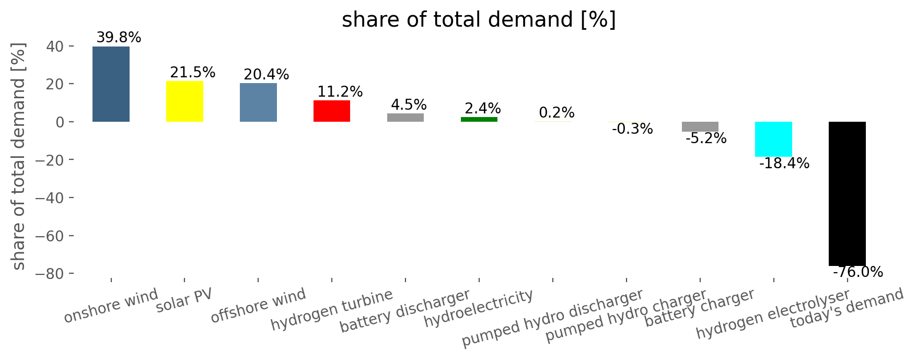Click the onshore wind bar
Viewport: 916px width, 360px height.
tap(111, 84)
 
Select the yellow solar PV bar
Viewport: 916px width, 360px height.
tap(184, 101)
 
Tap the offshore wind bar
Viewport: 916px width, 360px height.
tap(258, 102)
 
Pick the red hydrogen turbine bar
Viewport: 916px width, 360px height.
tap(332, 111)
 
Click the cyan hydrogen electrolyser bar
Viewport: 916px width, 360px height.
tap(773, 139)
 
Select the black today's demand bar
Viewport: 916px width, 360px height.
tap(847, 194)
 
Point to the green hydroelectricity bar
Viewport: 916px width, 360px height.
tap(479, 120)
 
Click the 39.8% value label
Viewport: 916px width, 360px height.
tap(119, 38)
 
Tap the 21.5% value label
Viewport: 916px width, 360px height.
tap(193, 73)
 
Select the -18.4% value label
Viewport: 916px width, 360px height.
tap(784, 164)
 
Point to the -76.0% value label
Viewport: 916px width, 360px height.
tap(858, 272)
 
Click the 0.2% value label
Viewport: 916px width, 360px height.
tap(556, 113)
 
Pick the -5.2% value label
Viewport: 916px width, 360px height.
tap(706, 138)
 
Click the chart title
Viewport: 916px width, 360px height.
tap(479, 20)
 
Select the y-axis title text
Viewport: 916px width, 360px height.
tap(19, 157)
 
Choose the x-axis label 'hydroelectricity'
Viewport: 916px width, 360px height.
tap(479, 308)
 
